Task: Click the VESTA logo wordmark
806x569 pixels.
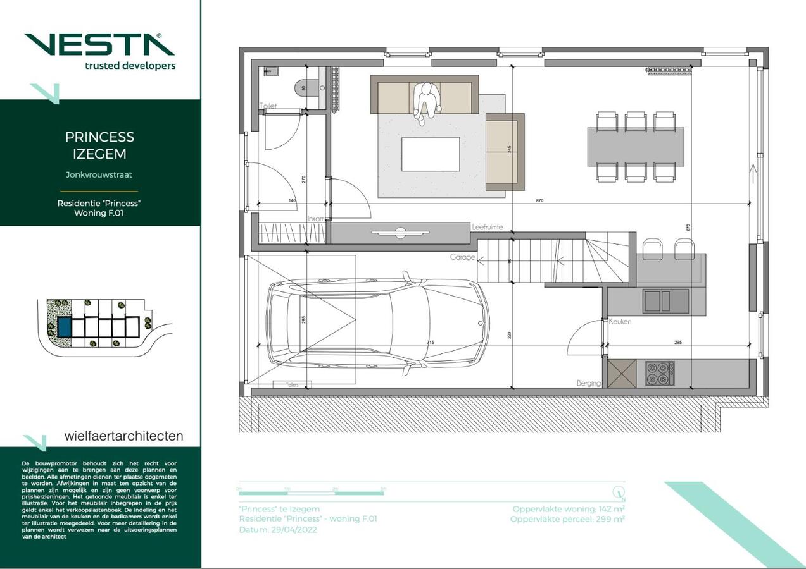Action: coord(99,44)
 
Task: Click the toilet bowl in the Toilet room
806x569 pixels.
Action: coord(302,89)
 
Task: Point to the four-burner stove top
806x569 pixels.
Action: coord(659,373)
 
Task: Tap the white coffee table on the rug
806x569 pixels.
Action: coord(431,154)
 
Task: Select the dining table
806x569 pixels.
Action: coord(636,147)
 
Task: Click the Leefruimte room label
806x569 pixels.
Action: coord(488,227)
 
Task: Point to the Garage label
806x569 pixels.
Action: coord(462,257)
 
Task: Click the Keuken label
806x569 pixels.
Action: coord(620,322)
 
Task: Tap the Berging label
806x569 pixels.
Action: coord(588,383)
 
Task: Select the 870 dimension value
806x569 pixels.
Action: coord(539,200)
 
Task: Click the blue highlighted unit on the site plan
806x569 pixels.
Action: coord(64,327)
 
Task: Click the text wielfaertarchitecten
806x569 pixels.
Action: coord(123,436)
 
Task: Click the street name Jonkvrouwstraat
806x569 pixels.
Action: coord(99,174)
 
